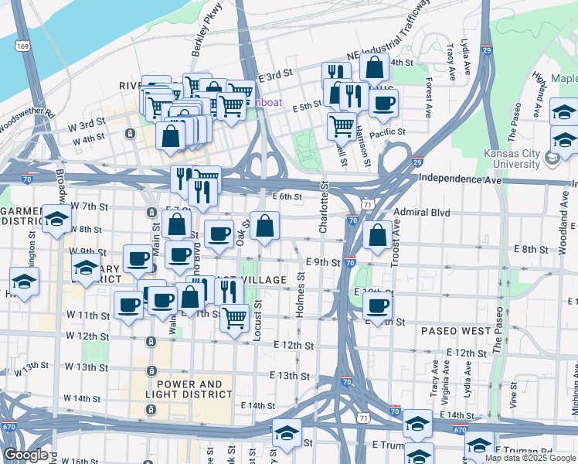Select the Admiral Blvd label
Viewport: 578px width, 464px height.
421,212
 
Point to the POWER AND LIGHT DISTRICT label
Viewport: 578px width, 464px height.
189,389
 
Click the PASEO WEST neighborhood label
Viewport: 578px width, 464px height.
456,330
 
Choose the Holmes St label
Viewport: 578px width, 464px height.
301,293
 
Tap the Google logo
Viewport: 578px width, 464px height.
25,455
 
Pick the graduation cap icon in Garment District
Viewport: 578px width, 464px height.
56,220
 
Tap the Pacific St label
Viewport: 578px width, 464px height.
386,133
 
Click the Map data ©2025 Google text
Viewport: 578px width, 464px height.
530,458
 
